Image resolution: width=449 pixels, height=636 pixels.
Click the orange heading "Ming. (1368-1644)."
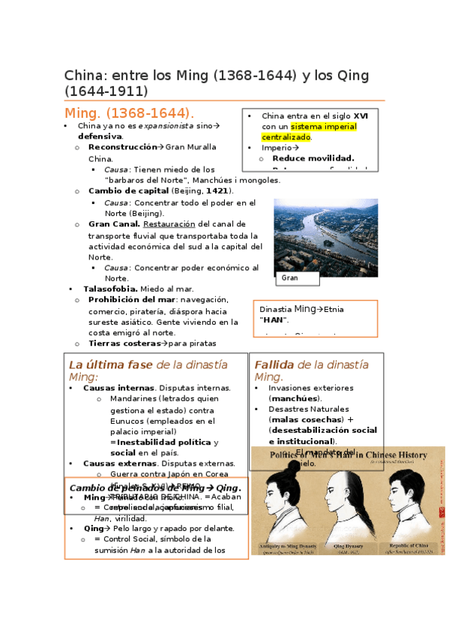(x=129, y=113)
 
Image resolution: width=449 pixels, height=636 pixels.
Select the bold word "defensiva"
(x=100, y=136)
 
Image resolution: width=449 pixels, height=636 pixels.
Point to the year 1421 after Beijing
(x=217, y=190)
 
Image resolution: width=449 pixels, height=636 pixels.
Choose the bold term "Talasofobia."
(x=110, y=289)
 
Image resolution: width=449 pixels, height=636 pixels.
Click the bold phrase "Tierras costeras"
(x=124, y=343)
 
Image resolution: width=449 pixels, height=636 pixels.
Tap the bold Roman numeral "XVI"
(x=361, y=116)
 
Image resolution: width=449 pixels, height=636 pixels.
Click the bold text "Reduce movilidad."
(x=313, y=158)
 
